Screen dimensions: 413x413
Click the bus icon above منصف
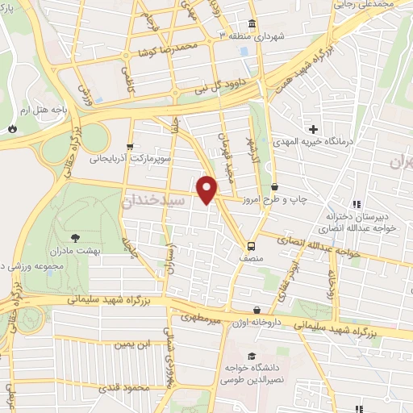[x=251, y=245]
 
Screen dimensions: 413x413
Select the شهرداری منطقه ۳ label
[x=251, y=36]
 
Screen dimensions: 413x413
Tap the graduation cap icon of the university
[x=251, y=355]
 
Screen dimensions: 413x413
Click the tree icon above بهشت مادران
[x=75, y=237]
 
